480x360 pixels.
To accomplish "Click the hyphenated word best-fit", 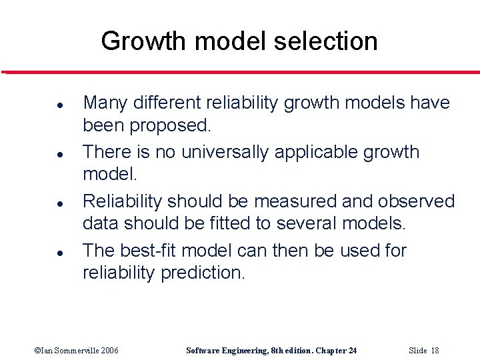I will (149, 251).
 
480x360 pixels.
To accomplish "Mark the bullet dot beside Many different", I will (41, 105).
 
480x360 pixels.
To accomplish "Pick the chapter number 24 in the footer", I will (352, 351).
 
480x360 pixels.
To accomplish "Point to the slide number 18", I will (434, 351).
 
